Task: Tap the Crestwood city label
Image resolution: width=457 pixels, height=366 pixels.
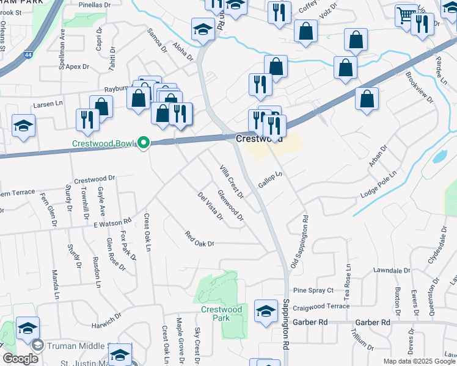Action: [259, 139]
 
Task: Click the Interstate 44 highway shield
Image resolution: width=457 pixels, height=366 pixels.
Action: [29, 55]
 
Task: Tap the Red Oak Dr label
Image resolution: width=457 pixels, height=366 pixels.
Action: [200, 239]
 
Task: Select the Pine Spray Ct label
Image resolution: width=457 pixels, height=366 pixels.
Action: [313, 290]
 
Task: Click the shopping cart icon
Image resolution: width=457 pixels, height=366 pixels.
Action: [406, 15]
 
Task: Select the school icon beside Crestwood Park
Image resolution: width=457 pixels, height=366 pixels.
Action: [266, 312]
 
